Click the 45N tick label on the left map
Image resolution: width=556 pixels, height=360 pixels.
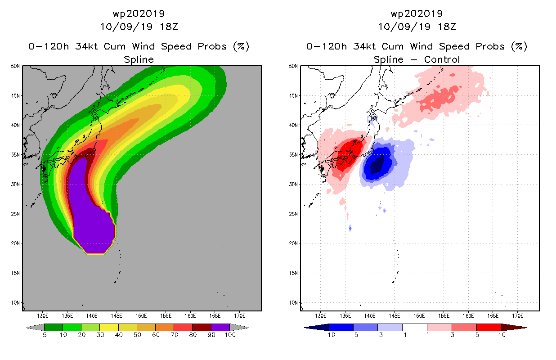coord(15,95)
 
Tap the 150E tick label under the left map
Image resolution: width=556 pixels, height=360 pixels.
coord(141,316)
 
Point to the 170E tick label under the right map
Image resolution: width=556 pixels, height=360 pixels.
coord(517,316)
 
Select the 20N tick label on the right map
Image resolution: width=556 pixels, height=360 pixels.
coord(293,243)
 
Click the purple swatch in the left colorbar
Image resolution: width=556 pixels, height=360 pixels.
coord(220,327)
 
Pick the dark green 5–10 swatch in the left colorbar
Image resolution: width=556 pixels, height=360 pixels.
coord(54,327)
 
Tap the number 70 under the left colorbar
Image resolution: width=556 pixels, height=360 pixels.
coord(175,335)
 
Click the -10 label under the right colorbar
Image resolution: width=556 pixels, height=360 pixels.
coord(329,335)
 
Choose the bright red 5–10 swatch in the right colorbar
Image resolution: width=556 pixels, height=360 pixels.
coord(489,327)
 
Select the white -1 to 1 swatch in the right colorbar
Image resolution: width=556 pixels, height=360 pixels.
coord(415,327)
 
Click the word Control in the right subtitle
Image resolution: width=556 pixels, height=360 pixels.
coord(442,59)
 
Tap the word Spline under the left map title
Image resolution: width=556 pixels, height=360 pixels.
coord(139,59)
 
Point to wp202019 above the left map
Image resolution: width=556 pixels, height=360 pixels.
coord(139,13)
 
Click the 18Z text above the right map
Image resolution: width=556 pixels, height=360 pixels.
coord(447,27)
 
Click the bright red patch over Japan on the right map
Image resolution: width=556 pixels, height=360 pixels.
coord(350,154)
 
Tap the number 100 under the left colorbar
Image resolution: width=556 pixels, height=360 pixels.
coord(230,335)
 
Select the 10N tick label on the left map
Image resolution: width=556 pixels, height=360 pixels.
coord(15,303)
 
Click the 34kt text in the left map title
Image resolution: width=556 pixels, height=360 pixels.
coord(87,46)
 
